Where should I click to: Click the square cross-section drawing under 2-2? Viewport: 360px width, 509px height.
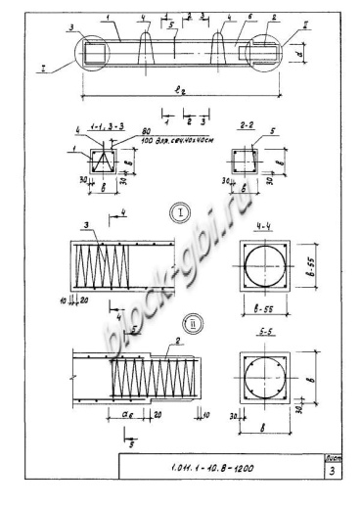(246, 158)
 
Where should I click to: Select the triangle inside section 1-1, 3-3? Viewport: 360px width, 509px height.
(99, 161)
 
